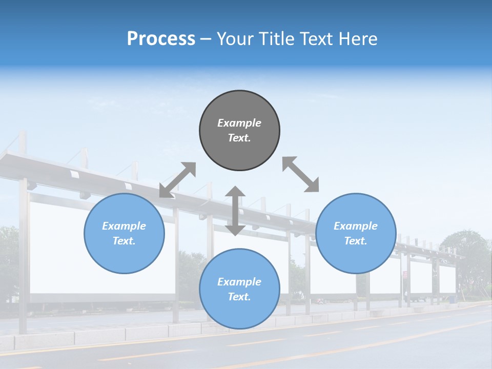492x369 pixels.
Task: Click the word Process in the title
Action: pyautogui.click(x=161, y=39)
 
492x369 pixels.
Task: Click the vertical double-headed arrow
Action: pyautogui.click(x=235, y=211)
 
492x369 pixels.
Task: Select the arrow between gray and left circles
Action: pyautogui.click(x=177, y=180)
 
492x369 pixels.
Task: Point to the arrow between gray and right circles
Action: pyautogui.click(x=300, y=174)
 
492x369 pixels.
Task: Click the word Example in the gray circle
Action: pyautogui.click(x=239, y=123)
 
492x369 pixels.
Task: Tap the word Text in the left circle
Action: pyautogui.click(x=124, y=241)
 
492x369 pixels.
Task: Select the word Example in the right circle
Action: pyautogui.click(x=356, y=226)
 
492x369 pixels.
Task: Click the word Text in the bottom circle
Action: pyautogui.click(x=239, y=297)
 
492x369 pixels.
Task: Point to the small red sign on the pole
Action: pyautogui.click(x=405, y=275)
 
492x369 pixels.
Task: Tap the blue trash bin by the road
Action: pyautogui.click(x=453, y=298)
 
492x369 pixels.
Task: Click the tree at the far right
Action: pyautogui.click(x=466, y=256)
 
